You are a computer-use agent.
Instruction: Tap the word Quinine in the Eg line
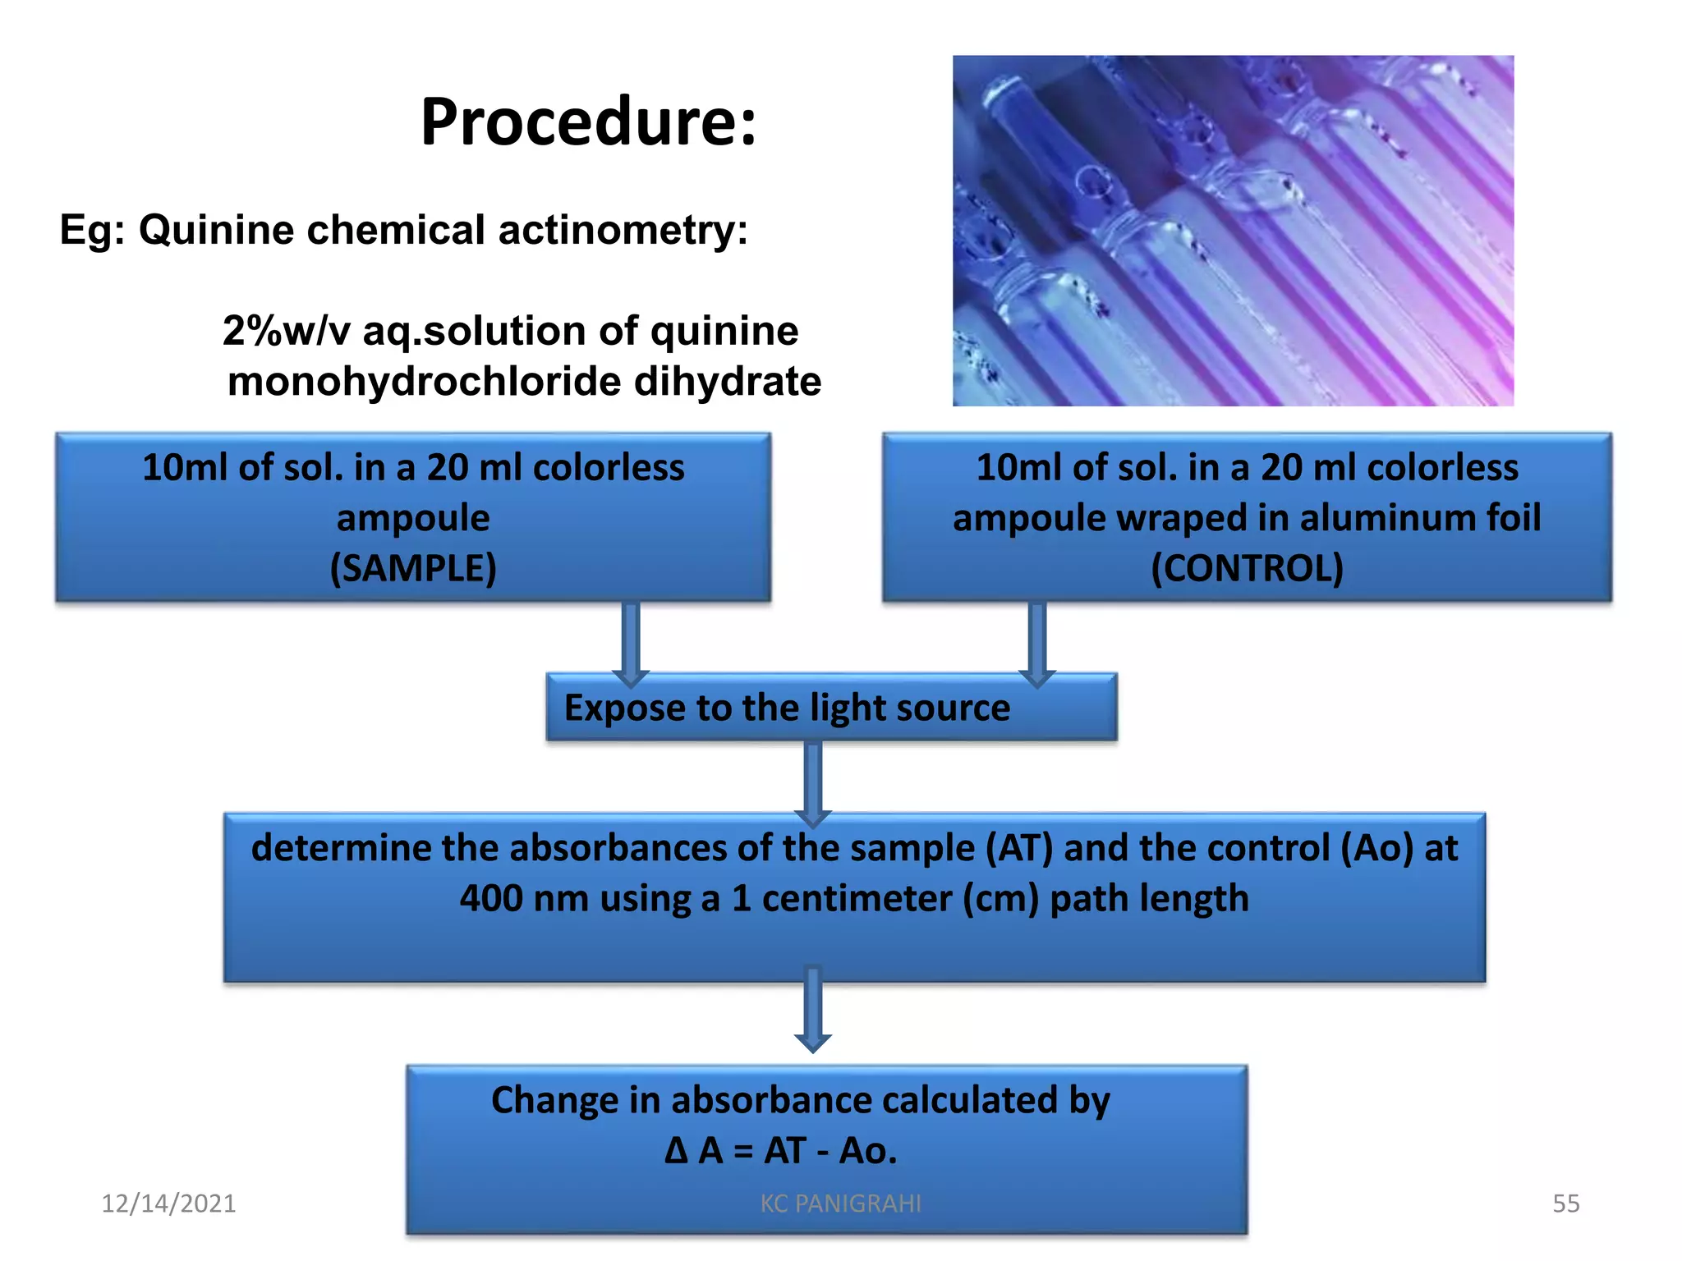216,229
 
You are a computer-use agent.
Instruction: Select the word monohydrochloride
424,382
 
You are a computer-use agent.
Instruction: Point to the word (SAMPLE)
413,568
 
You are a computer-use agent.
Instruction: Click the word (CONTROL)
1247,568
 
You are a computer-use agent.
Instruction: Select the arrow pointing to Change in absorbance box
813,1010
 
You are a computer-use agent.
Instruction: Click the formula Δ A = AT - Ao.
780,1151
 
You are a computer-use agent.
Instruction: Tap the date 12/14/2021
168,1204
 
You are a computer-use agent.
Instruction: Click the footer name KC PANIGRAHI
840,1204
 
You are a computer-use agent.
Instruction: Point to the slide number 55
1565,1204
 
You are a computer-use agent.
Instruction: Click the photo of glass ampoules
1232,231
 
